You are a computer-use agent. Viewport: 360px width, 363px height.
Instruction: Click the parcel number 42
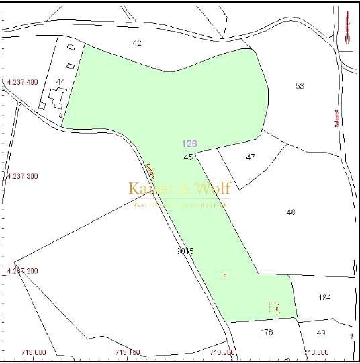pyautogui.click(x=137, y=43)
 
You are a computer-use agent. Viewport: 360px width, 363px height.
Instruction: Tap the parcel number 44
pyautogui.click(x=61, y=81)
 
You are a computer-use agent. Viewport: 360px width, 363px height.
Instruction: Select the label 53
pyautogui.click(x=300, y=85)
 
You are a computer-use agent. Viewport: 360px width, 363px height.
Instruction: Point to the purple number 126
pyautogui.click(x=189, y=144)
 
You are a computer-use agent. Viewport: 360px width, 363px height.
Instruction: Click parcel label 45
pyautogui.click(x=188, y=157)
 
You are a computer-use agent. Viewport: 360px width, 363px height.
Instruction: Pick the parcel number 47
pyautogui.click(x=251, y=157)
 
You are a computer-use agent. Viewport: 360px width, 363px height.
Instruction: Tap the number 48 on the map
pyautogui.click(x=290, y=212)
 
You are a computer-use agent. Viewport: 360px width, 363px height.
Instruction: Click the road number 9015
pyautogui.click(x=185, y=251)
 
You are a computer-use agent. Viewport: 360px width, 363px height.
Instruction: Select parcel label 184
pyautogui.click(x=325, y=297)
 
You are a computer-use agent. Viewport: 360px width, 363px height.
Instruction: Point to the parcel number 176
pyautogui.click(x=267, y=331)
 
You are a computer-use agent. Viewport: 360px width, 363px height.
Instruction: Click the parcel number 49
pyautogui.click(x=321, y=332)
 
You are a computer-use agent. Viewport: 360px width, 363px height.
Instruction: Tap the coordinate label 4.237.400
pyautogui.click(x=22, y=82)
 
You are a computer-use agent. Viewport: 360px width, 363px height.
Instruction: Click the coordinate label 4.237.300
pyautogui.click(x=22, y=176)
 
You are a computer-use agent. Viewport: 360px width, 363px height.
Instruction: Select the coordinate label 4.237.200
pyautogui.click(x=22, y=270)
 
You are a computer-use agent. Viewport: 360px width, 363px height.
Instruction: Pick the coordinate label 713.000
pyautogui.click(x=34, y=352)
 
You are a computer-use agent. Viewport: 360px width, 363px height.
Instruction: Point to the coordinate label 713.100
pyautogui.click(x=128, y=352)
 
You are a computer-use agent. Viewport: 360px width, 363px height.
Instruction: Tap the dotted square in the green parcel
pyautogui.click(x=274, y=308)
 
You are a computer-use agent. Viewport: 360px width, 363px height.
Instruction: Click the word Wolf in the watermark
pyautogui.click(x=209, y=188)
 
